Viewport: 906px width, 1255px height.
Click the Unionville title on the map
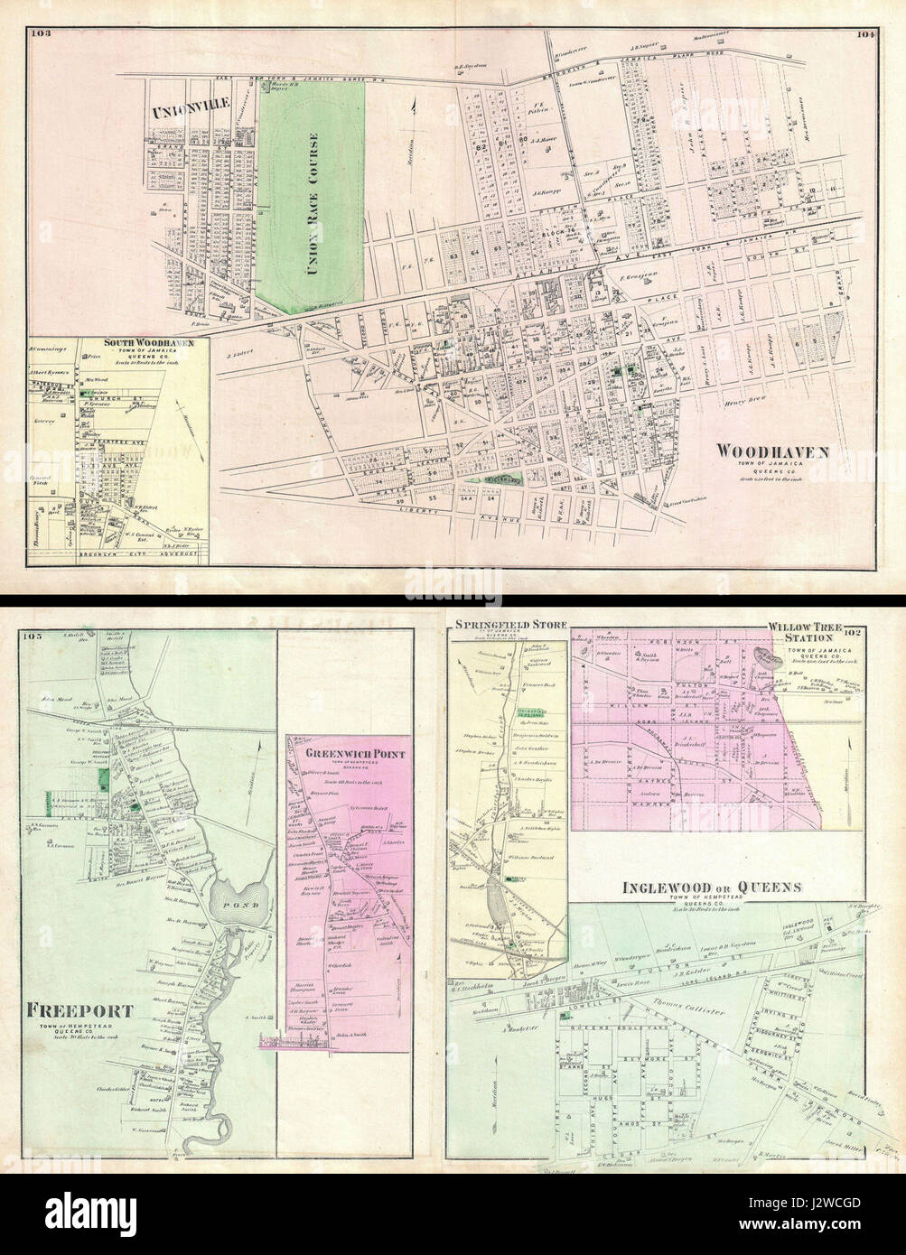(x=179, y=113)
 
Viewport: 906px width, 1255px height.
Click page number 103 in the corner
(x=42, y=34)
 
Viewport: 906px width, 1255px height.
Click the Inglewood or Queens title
(x=712, y=888)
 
